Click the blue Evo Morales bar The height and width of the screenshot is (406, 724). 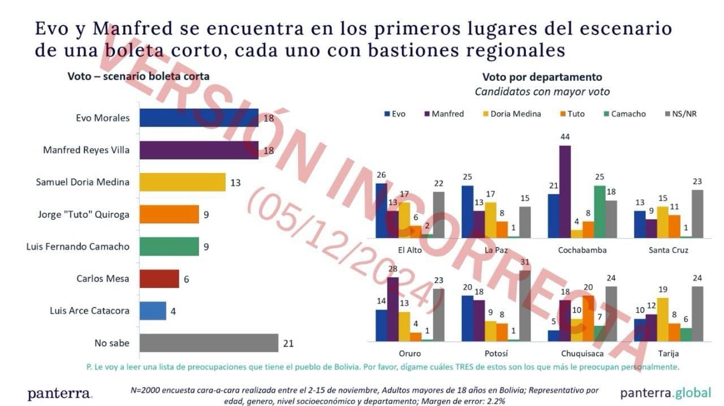coord(199,118)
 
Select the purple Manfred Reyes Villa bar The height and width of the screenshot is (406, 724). coord(199,150)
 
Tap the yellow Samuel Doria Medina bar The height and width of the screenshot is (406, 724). coord(183,182)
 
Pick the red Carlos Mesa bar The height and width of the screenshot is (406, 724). coord(160,279)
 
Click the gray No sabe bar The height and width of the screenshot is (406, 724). coord(209,343)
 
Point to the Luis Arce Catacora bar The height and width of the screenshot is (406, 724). coord(153,310)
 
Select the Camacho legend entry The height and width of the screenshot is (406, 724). coord(625,114)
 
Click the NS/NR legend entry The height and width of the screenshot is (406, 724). coord(680,114)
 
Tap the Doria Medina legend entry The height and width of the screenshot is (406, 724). coord(512,114)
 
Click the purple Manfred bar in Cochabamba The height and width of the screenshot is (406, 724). coord(565,192)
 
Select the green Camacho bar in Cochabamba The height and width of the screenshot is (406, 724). coord(600,211)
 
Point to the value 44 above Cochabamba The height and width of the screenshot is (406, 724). coord(565,137)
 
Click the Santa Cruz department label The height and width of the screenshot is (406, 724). coord(669,250)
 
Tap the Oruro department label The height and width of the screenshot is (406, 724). coord(410,353)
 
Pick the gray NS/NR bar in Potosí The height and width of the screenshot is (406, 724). coord(525,306)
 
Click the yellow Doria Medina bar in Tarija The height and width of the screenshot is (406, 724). coord(663,319)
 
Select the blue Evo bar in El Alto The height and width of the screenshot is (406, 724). coord(381,211)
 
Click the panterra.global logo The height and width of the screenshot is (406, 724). coord(666,393)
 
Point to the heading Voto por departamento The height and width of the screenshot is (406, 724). coord(542,77)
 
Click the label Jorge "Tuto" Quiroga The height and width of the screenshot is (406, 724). coord(83,215)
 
